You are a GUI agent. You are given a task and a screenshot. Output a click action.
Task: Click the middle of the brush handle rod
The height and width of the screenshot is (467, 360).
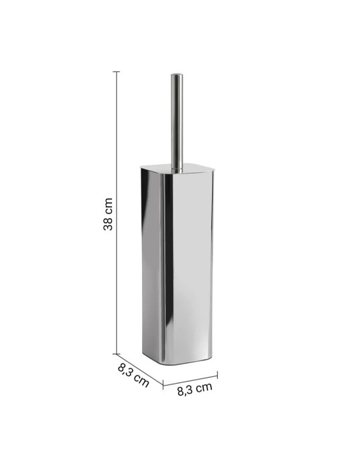point(177,120)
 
